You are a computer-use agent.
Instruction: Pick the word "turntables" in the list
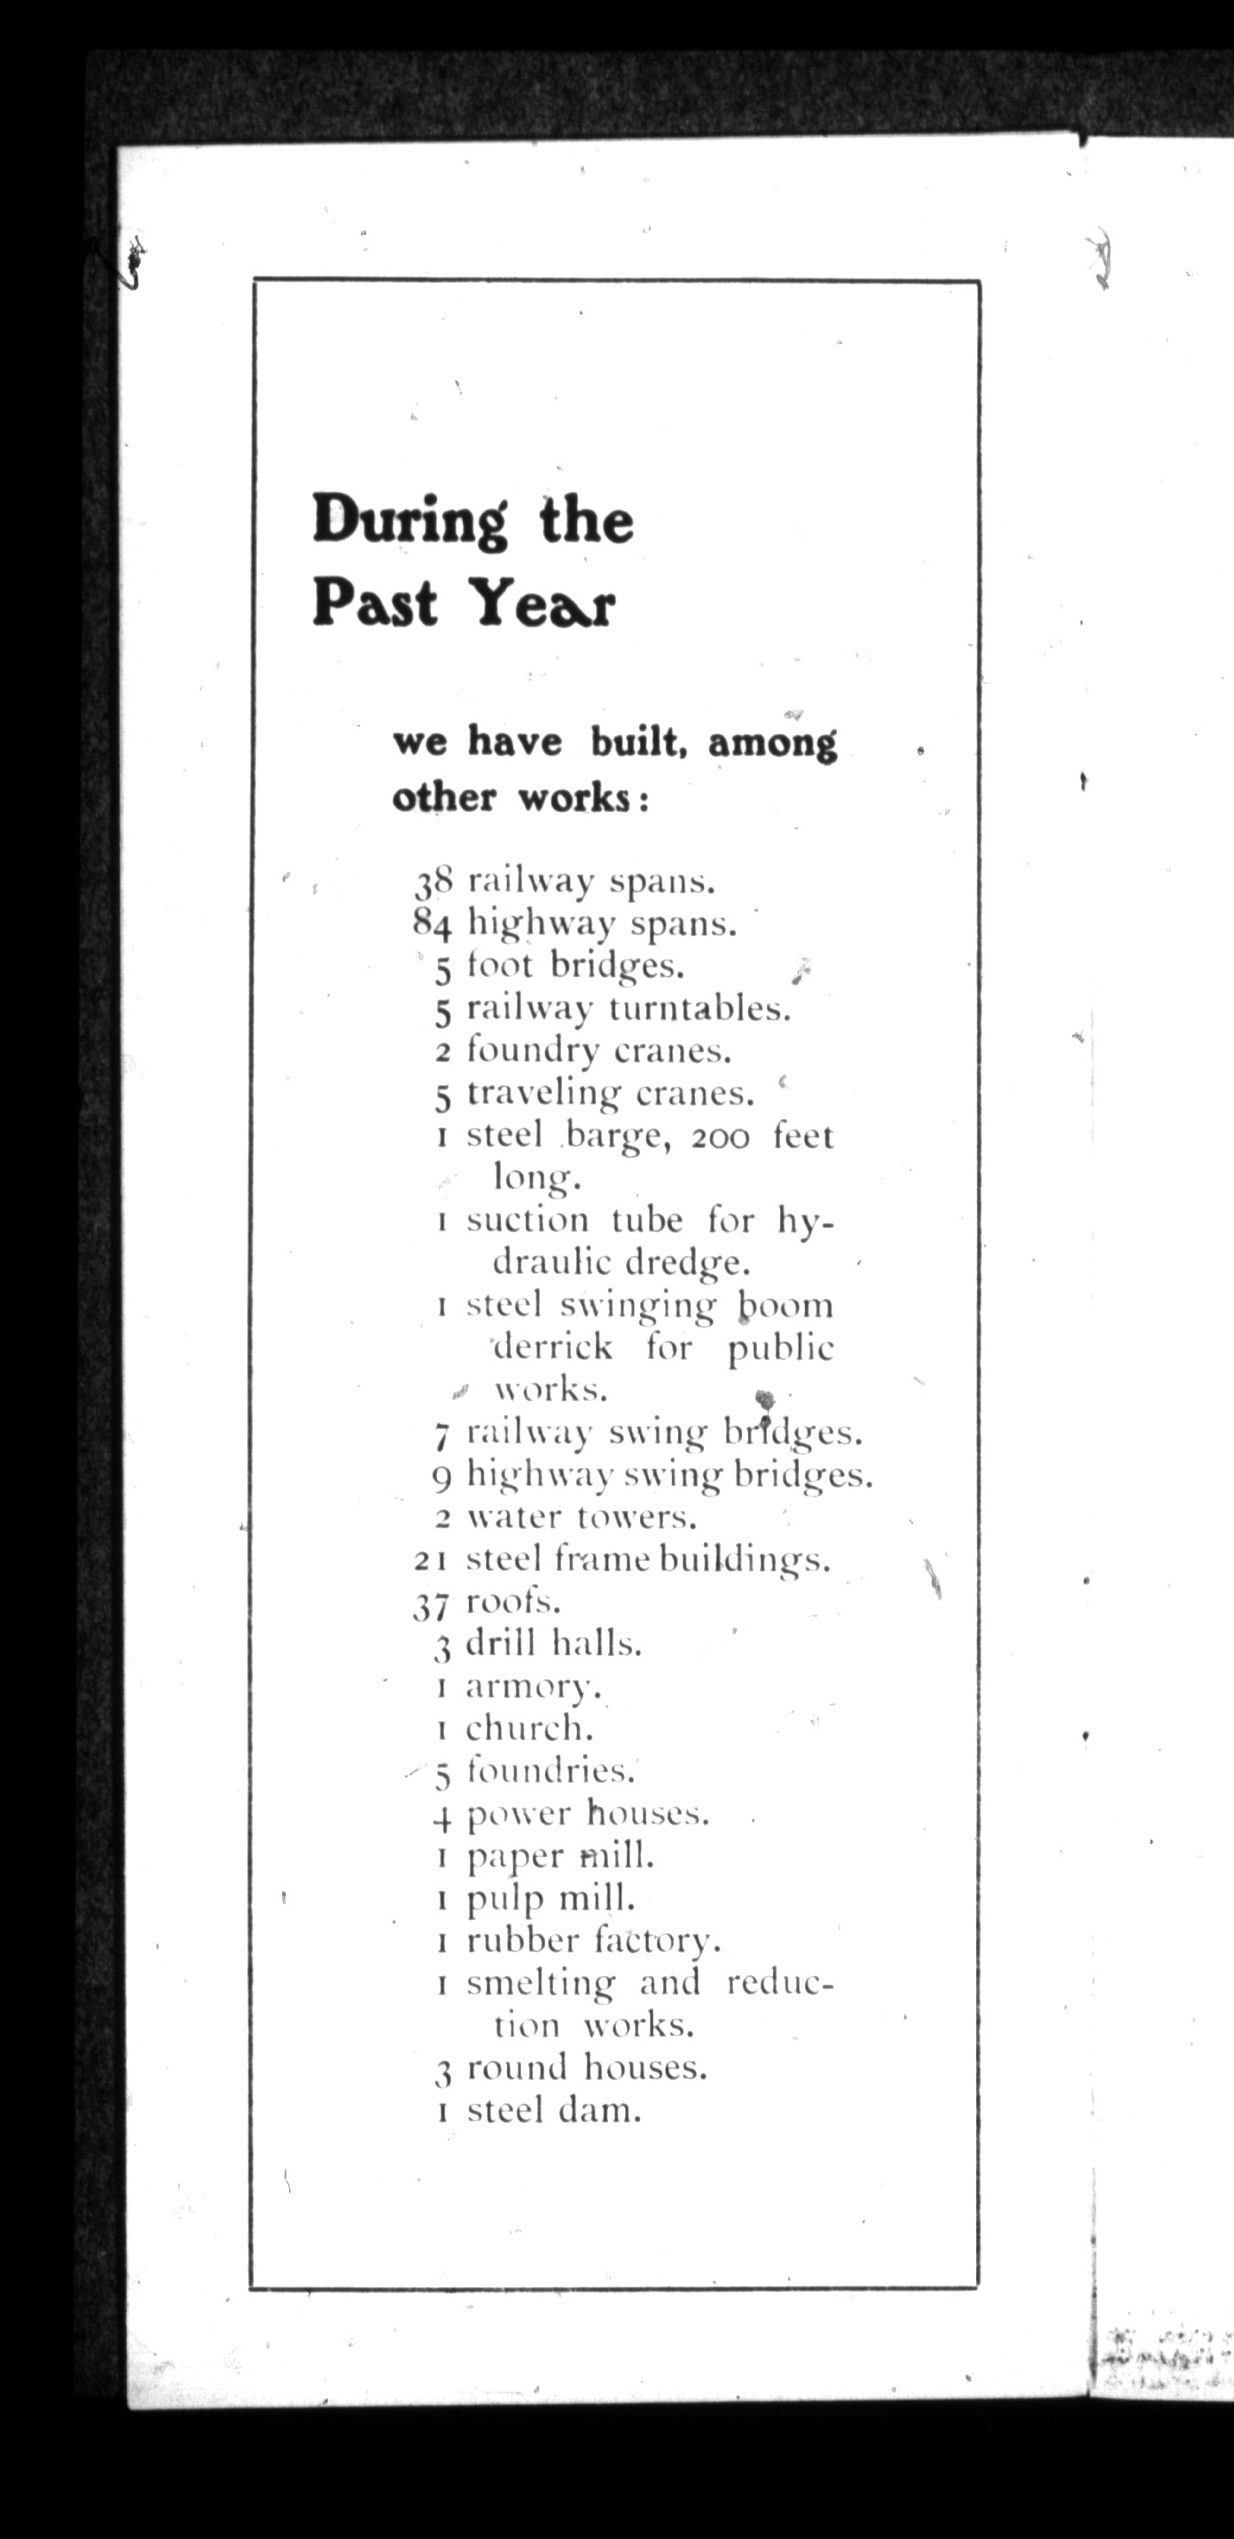point(699,1008)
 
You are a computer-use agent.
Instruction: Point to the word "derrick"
point(553,1347)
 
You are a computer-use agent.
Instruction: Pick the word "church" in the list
point(529,1729)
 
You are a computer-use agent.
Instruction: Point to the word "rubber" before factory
point(522,1941)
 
